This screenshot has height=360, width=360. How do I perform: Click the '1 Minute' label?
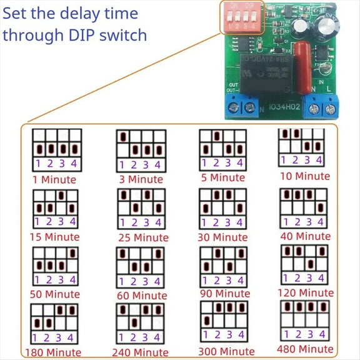coord(54,179)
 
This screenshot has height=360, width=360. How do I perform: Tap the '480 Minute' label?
coord(306,348)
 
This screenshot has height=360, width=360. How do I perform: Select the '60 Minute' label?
coord(141,295)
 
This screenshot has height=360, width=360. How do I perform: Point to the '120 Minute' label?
coord(306,292)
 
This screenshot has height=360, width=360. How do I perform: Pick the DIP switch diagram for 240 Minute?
coord(141,323)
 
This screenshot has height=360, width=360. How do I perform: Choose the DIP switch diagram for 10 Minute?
coord(303,147)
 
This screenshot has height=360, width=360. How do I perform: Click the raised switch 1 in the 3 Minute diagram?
coord(124,136)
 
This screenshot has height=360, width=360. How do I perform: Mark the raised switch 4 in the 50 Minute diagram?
coord(74,254)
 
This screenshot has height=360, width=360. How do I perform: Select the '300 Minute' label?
coord(222,351)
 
